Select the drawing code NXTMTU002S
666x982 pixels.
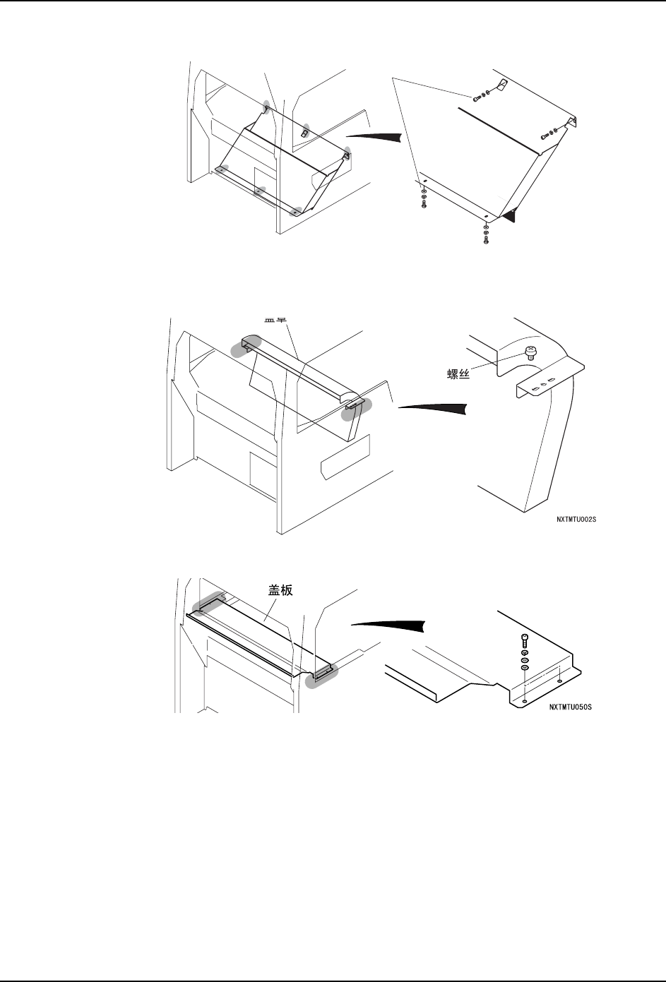pyautogui.click(x=581, y=519)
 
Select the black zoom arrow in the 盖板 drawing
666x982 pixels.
pyautogui.click(x=388, y=625)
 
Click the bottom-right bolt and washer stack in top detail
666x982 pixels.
pyautogui.click(x=486, y=232)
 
